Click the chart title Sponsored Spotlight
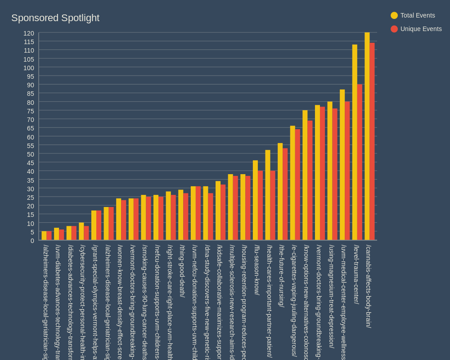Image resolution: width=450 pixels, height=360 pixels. pyautogui.click(x=55, y=18)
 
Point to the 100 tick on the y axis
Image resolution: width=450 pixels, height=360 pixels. pyautogui.click(x=29, y=68)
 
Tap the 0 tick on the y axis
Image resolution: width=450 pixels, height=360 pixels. pyautogui.click(x=32, y=241)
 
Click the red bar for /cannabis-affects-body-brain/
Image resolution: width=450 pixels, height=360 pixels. pyautogui.click(x=372, y=142)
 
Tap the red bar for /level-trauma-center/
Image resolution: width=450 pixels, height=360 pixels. pyautogui.click(x=360, y=162)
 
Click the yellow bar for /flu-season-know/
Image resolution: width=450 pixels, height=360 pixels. pyautogui.click(x=255, y=200)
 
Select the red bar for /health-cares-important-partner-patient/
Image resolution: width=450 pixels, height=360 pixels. pyautogui.click(x=273, y=206)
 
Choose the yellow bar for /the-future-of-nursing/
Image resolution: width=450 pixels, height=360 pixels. pyautogui.click(x=280, y=192)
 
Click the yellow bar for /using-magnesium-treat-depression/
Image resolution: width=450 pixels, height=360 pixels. pyautogui.click(x=330, y=171)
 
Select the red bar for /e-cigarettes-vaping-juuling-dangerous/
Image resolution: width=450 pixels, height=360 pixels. pyautogui.click(x=297, y=185)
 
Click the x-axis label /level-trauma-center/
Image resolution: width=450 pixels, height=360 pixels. pyautogui.click(x=356, y=274)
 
